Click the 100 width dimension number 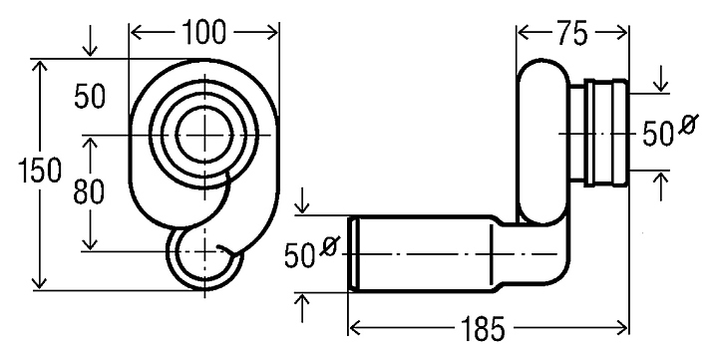(x=204, y=33)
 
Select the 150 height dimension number (x=39, y=171)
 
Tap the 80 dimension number (x=89, y=191)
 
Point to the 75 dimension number (x=572, y=34)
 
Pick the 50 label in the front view (x=90, y=97)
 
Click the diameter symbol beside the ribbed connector (x=688, y=124)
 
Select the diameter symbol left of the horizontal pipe (x=331, y=246)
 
